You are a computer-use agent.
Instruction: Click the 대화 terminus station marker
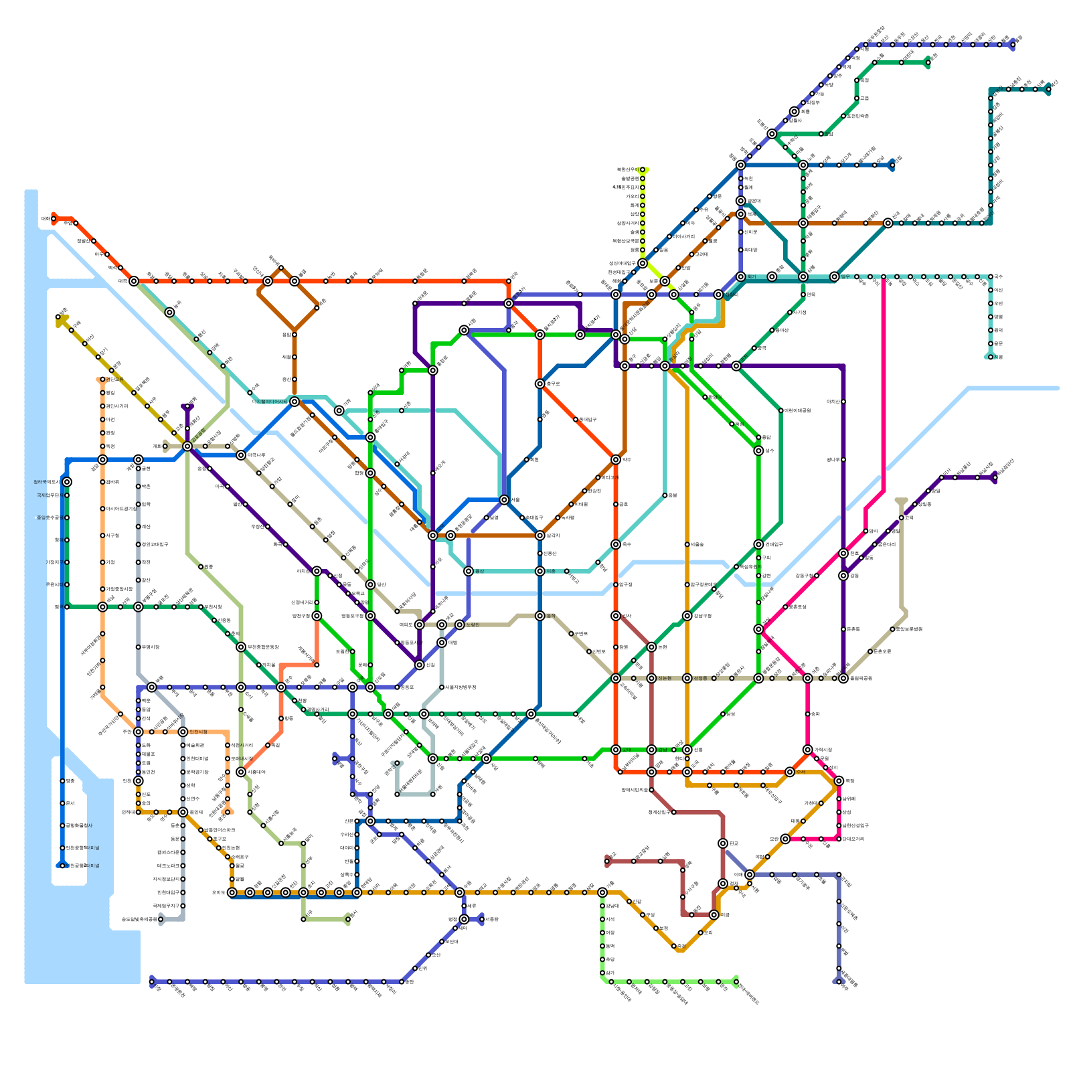pos(54,218)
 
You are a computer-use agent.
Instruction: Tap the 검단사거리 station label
pos(117,406)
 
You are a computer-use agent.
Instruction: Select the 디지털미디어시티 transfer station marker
pos(295,402)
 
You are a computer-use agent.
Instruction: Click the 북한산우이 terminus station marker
pos(643,170)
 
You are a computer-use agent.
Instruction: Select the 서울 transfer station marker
pos(504,500)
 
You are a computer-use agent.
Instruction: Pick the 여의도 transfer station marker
pos(420,625)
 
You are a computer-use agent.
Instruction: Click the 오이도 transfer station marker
pos(232,892)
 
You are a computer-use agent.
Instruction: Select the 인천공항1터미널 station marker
pos(62,848)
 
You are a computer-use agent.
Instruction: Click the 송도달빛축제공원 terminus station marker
pos(161,919)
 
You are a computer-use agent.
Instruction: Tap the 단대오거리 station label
pos(854,839)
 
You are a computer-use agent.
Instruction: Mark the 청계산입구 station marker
pos(674,812)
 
